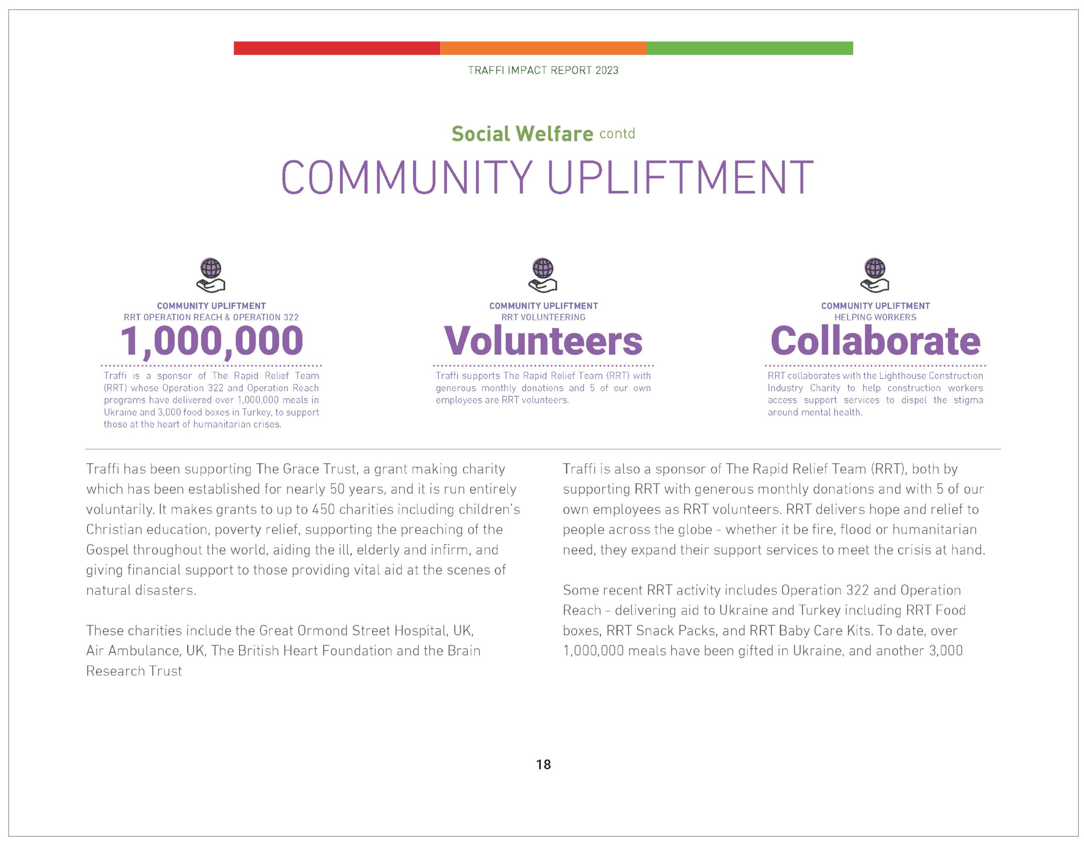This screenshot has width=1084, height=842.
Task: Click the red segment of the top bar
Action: click(337, 48)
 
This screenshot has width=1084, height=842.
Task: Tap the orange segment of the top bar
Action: click(543, 48)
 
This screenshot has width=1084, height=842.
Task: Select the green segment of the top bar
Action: click(749, 48)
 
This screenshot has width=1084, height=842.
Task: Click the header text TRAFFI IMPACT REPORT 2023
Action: click(543, 70)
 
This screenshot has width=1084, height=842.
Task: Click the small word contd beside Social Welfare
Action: click(617, 133)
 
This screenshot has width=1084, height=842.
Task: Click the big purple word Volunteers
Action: click(543, 341)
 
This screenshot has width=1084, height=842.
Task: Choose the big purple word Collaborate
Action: click(875, 341)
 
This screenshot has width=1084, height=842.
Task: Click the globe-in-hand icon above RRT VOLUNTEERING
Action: click(542, 275)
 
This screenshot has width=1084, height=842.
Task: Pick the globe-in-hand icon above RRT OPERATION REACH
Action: click(211, 275)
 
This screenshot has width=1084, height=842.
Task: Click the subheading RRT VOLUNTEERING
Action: click(543, 317)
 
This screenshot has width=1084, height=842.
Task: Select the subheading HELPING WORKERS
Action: click(875, 317)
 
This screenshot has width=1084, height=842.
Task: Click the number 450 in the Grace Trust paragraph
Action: click(323, 510)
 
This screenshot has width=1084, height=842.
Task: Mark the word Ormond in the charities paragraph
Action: click(320, 631)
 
